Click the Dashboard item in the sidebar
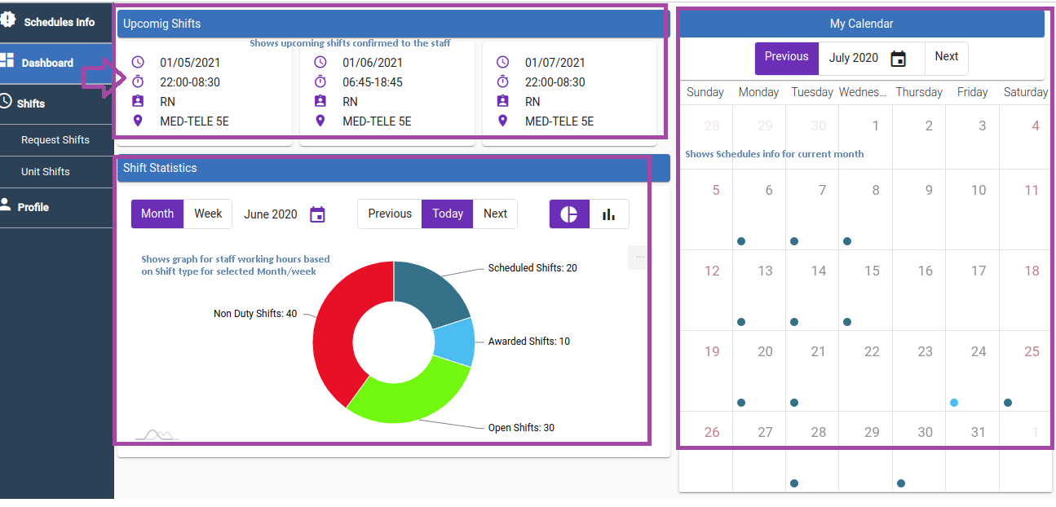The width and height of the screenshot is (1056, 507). coord(47,63)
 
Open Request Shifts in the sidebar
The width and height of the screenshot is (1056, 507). coord(55,139)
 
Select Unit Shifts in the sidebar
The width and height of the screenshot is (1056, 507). coord(46,171)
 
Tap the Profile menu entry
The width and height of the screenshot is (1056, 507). coord(33,207)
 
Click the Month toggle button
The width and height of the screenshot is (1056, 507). coord(157,214)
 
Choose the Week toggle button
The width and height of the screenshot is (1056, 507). coord(208,214)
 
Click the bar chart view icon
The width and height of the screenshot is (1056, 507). coord(608,214)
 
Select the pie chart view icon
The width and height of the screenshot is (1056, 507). coord(569,214)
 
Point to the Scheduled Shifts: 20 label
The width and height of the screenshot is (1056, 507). coord(532,268)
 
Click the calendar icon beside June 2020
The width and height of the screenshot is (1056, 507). coord(318,214)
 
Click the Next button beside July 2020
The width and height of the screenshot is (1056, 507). coord(946,57)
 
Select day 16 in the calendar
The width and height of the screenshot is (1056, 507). coord(925,271)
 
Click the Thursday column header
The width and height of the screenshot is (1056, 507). coord(919,92)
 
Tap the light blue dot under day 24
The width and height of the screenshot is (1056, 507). coord(954,403)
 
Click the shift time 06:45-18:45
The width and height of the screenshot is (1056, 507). coord(373,82)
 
